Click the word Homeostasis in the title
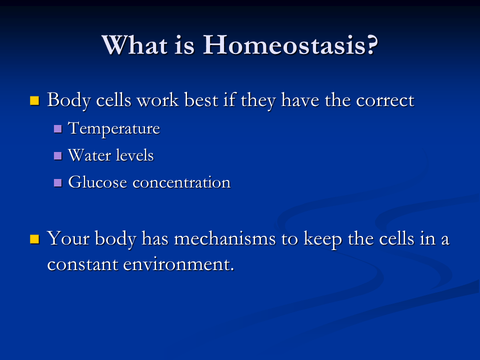pyautogui.click(x=290, y=45)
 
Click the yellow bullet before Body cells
pyautogui.click(x=34, y=100)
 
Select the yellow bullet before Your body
pyautogui.click(x=34, y=238)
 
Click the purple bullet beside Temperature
pyautogui.click(x=58, y=129)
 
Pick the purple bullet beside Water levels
pyautogui.click(x=58, y=155)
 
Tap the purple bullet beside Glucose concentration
pyautogui.click(x=58, y=182)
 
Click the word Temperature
pyautogui.click(x=114, y=128)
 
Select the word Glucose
pyautogui.click(x=97, y=182)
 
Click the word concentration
pyautogui.click(x=181, y=182)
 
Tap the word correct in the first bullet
pyautogui.click(x=385, y=100)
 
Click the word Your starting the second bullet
pyautogui.click(x=67, y=238)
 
